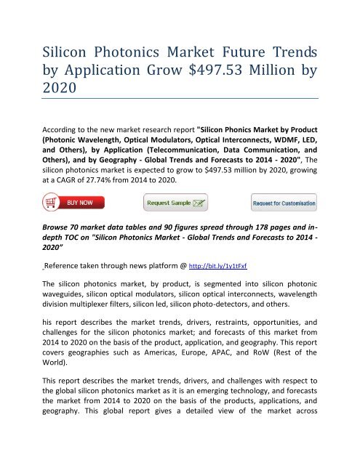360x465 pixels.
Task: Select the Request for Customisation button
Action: pyautogui.click(x=284, y=201)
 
